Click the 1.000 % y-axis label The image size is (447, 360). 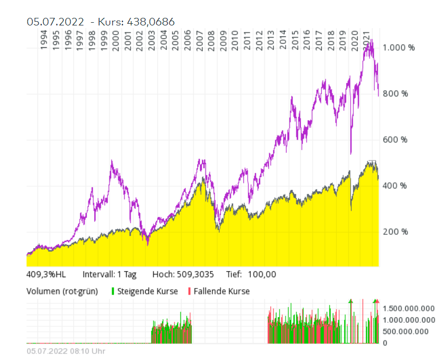point(399,48)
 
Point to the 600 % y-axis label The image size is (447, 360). point(396,140)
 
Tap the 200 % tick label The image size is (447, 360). point(396,232)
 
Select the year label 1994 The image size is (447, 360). point(44,40)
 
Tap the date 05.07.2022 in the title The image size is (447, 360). point(56,21)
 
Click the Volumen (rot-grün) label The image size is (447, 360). point(62,291)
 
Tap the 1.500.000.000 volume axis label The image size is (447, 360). point(409,309)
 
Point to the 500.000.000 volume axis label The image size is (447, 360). point(411,331)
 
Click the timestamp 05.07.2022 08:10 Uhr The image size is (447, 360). point(66,351)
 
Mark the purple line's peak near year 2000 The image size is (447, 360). point(112,161)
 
